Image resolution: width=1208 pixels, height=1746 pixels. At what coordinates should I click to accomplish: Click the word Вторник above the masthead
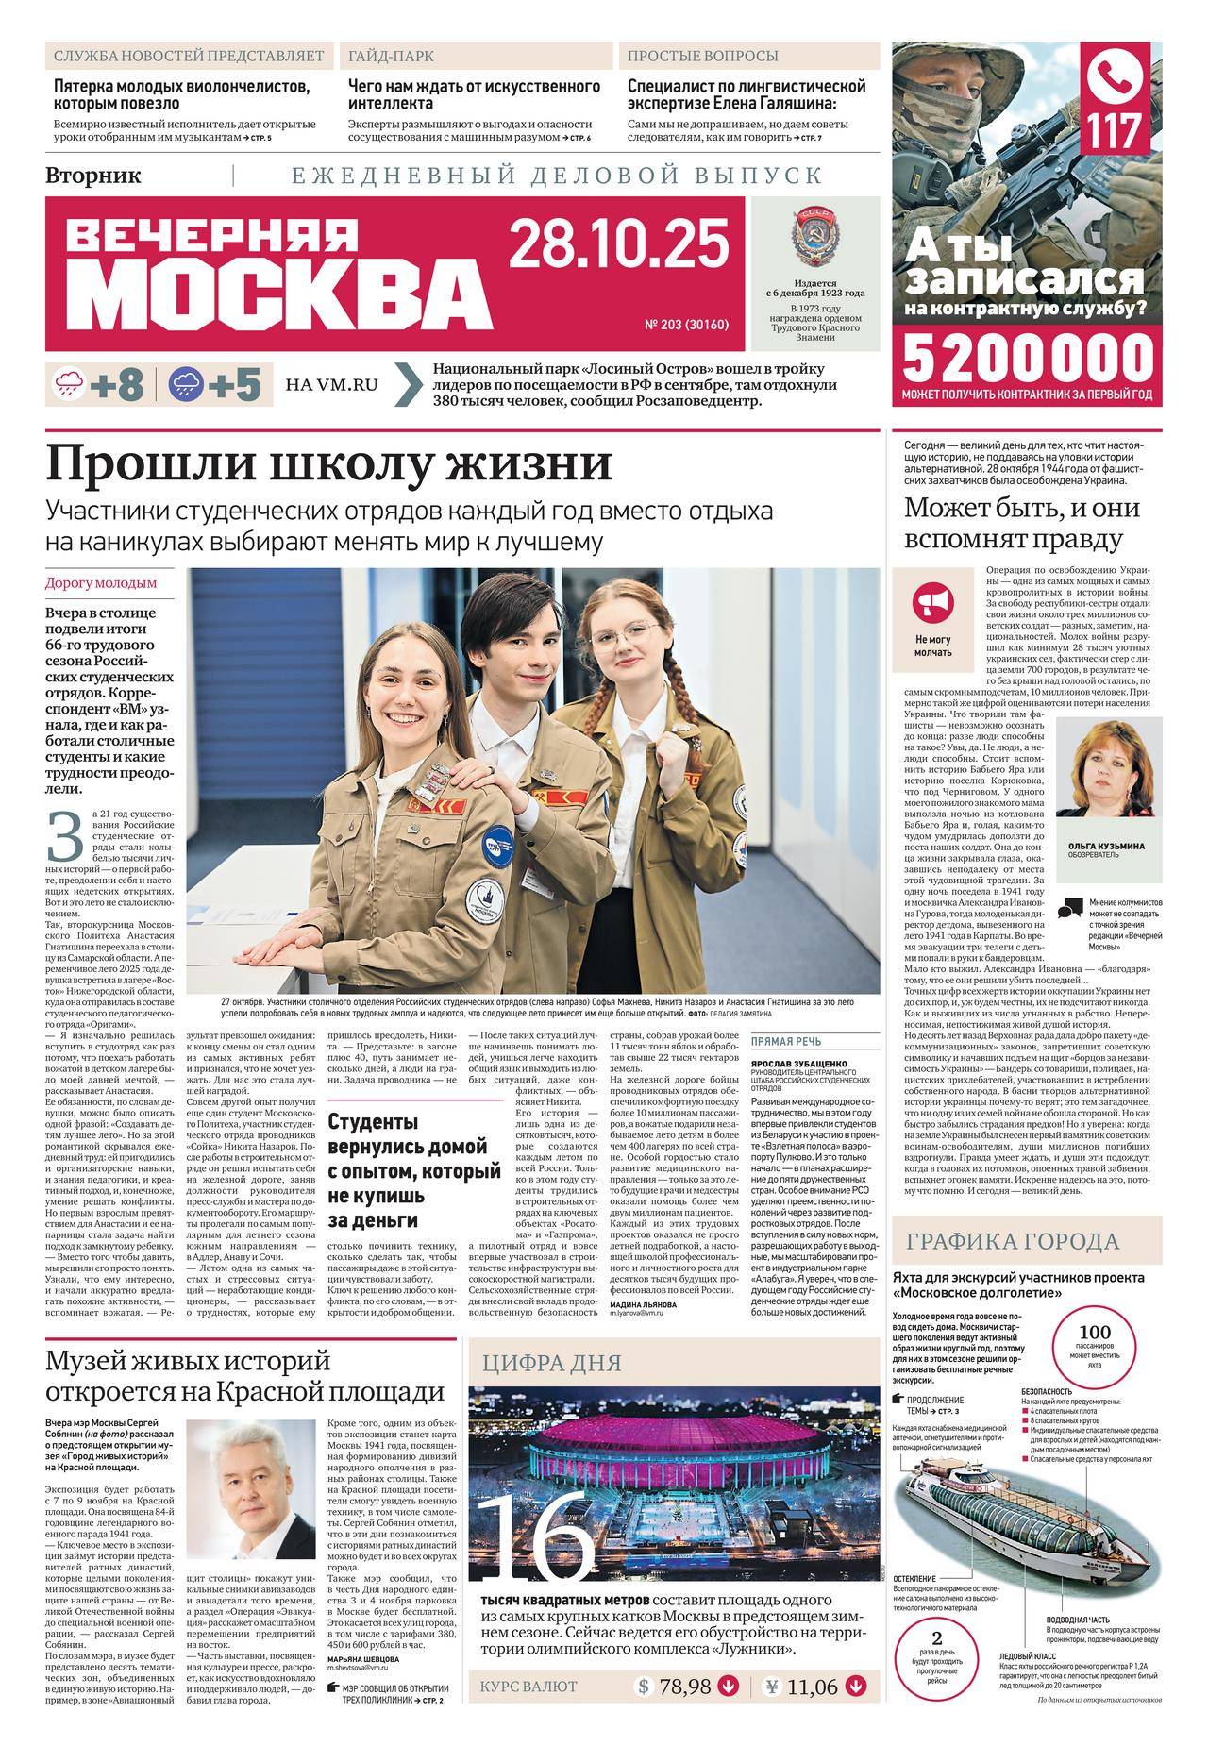click(x=93, y=175)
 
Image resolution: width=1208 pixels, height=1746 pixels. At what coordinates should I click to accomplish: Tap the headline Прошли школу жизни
click(x=329, y=464)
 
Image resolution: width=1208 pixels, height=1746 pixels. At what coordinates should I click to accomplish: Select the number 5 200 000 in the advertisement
click(x=1028, y=359)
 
